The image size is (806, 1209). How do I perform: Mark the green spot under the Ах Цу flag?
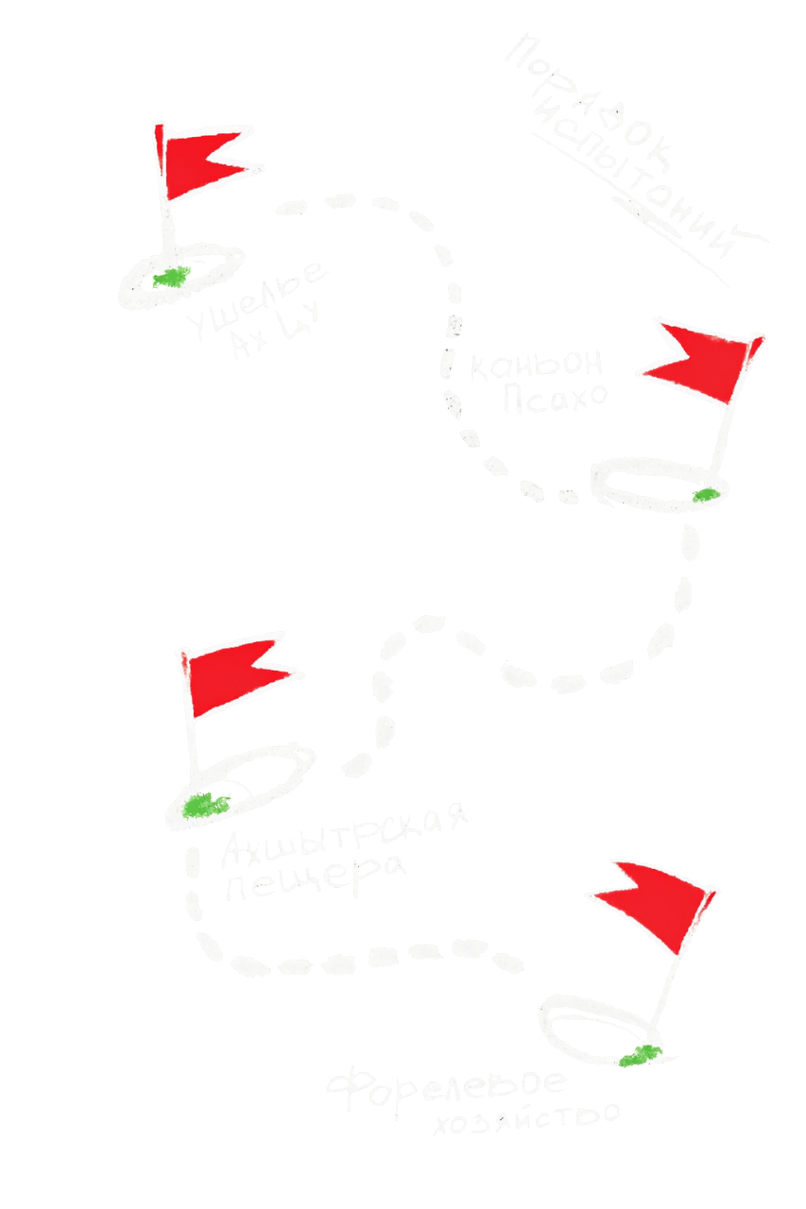tap(169, 276)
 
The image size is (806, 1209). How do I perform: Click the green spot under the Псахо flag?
tap(701, 494)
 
